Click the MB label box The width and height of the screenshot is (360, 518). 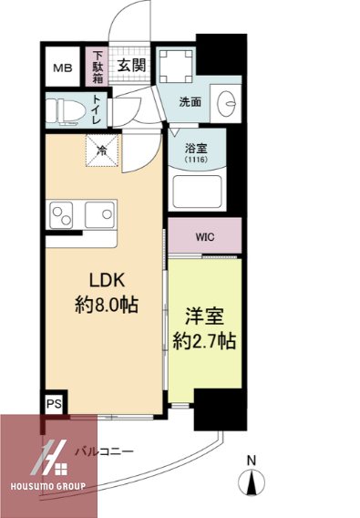[x=62, y=67]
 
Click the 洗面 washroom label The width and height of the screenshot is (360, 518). [x=190, y=101]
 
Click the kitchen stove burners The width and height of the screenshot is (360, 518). [x=62, y=218]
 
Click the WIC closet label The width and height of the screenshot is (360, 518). [x=204, y=236]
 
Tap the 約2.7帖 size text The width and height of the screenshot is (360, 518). [x=205, y=342]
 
